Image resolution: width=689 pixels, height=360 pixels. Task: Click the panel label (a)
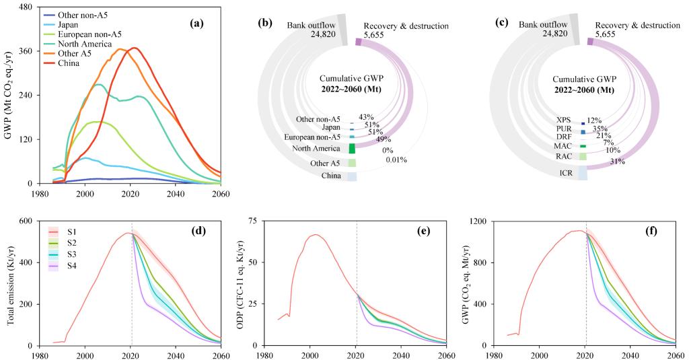[196, 24]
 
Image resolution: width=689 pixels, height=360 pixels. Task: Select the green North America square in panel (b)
[352, 148]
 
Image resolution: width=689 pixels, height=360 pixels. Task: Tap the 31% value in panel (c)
[617, 161]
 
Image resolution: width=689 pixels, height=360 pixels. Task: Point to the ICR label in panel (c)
[566, 173]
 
